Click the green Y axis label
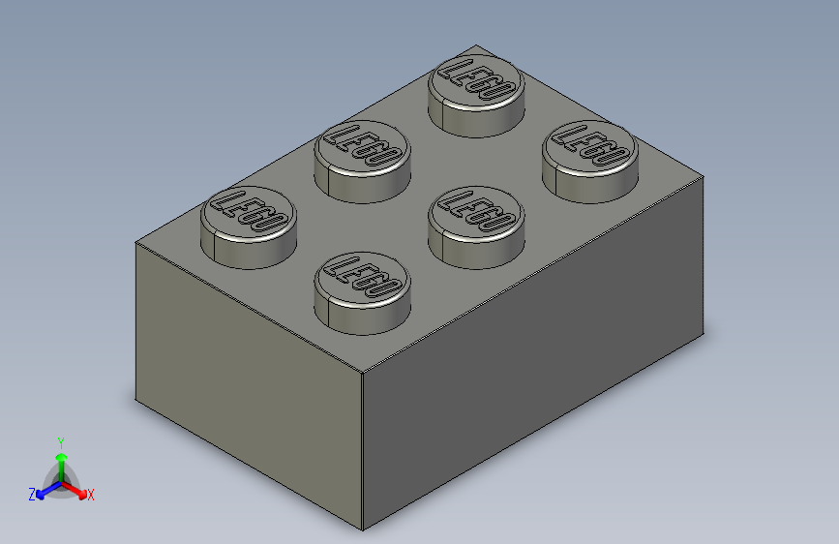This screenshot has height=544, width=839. tap(60, 441)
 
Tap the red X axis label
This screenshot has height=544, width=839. tap(91, 495)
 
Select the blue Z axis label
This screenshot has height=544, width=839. tap(32, 495)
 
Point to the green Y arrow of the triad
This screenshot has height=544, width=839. tap(61, 459)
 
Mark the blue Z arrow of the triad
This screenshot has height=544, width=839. tap(45, 490)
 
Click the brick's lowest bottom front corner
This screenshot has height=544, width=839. tap(363, 530)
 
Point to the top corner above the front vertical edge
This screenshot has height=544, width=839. tap(362, 372)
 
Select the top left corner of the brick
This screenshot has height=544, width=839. tap(136, 241)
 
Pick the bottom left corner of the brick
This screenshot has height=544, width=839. tap(135, 399)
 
